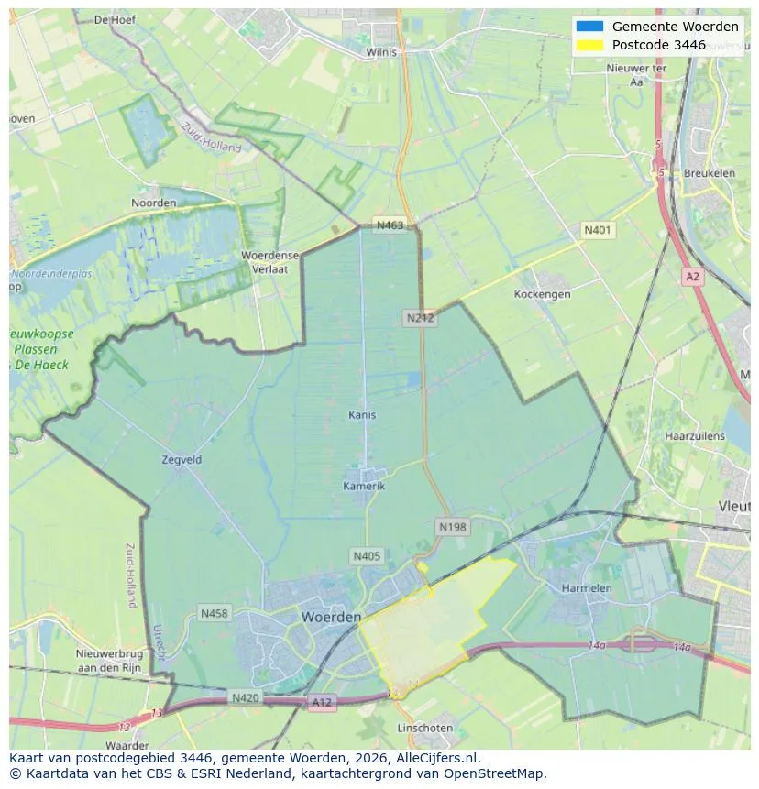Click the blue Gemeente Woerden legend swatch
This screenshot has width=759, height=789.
tap(589, 27)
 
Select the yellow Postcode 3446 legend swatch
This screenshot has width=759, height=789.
tap(589, 45)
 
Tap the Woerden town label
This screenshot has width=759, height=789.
tap(331, 618)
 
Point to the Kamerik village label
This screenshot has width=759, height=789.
tap(364, 486)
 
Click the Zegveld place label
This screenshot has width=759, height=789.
tap(181, 460)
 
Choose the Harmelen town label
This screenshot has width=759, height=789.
tap(587, 587)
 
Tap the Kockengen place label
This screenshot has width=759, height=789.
tap(542, 294)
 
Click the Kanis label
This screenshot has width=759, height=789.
tap(362, 415)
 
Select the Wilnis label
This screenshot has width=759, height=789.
tap(381, 52)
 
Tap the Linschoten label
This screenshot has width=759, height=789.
tap(424, 728)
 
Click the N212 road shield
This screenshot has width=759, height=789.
tap(420, 318)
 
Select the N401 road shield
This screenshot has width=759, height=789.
tap(599, 230)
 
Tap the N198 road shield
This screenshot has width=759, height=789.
tap(452, 527)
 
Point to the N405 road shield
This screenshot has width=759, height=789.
tap(366, 556)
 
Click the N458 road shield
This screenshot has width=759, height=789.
tap(214, 613)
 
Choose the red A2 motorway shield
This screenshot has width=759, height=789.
tap(692, 276)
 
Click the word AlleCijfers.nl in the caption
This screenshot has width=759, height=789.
tap(438, 759)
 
